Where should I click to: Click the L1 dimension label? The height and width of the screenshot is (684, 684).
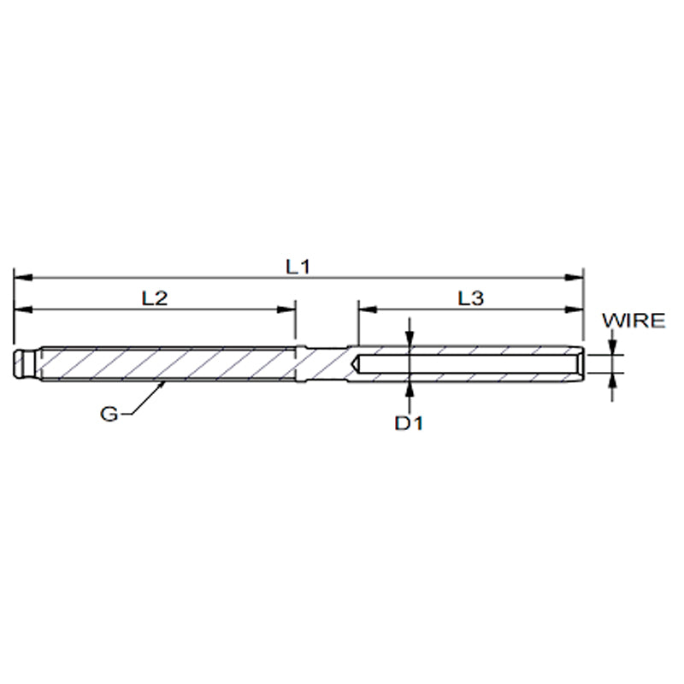[297, 266]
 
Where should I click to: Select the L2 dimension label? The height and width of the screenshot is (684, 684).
[154, 298]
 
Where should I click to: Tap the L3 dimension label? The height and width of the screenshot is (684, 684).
[470, 298]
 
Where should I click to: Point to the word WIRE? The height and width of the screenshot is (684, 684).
[634, 321]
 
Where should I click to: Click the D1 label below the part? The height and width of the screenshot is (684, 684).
[411, 423]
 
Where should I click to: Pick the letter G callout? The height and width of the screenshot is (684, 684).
[109, 414]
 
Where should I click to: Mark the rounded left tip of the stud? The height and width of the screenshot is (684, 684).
[19, 363]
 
